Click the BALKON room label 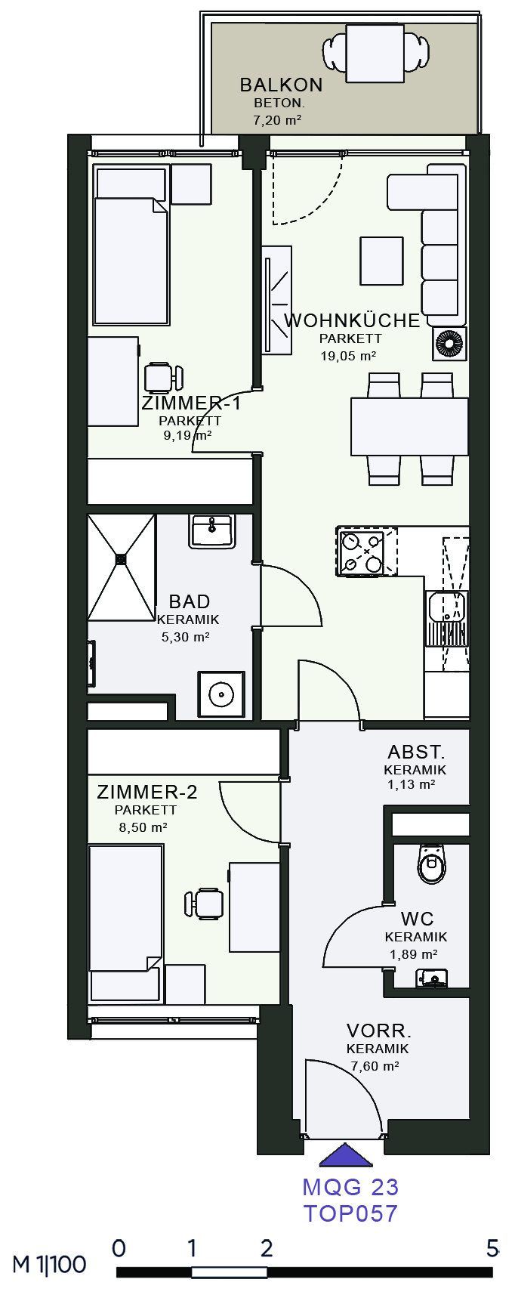(x=281, y=85)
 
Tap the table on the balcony (x=375, y=53)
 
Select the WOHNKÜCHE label (x=352, y=320)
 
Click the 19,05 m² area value (x=349, y=356)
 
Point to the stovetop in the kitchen (x=367, y=552)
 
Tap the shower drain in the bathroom (x=122, y=560)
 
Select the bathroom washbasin (x=212, y=531)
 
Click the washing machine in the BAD (x=221, y=694)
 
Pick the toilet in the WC (x=432, y=864)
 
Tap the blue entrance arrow (x=347, y=1155)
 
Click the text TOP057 (x=350, y=1213)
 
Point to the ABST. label (x=416, y=753)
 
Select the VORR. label (x=379, y=1031)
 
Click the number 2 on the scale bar (x=267, y=1248)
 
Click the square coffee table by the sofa (x=381, y=261)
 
